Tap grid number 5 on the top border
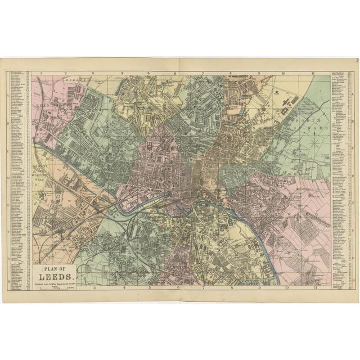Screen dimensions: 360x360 (148, 73)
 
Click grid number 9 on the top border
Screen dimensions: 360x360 (258, 73)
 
